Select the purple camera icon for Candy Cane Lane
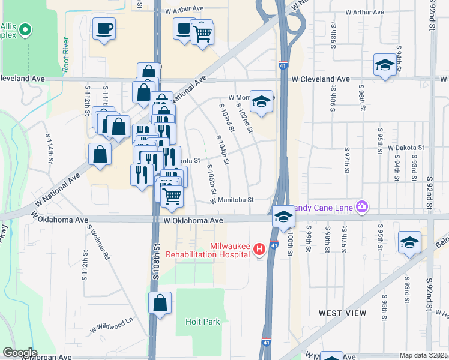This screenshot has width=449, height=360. pyautogui.click(x=361, y=207)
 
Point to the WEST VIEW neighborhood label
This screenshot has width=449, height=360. pyautogui.click(x=342, y=313)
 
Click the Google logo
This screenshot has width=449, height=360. pyautogui.click(x=19, y=353)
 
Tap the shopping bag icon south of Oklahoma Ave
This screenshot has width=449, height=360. pyautogui.click(x=160, y=303)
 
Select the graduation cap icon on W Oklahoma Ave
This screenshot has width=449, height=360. pyautogui.click(x=283, y=217)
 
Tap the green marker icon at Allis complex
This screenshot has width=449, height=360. pyautogui.click(x=25, y=29)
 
